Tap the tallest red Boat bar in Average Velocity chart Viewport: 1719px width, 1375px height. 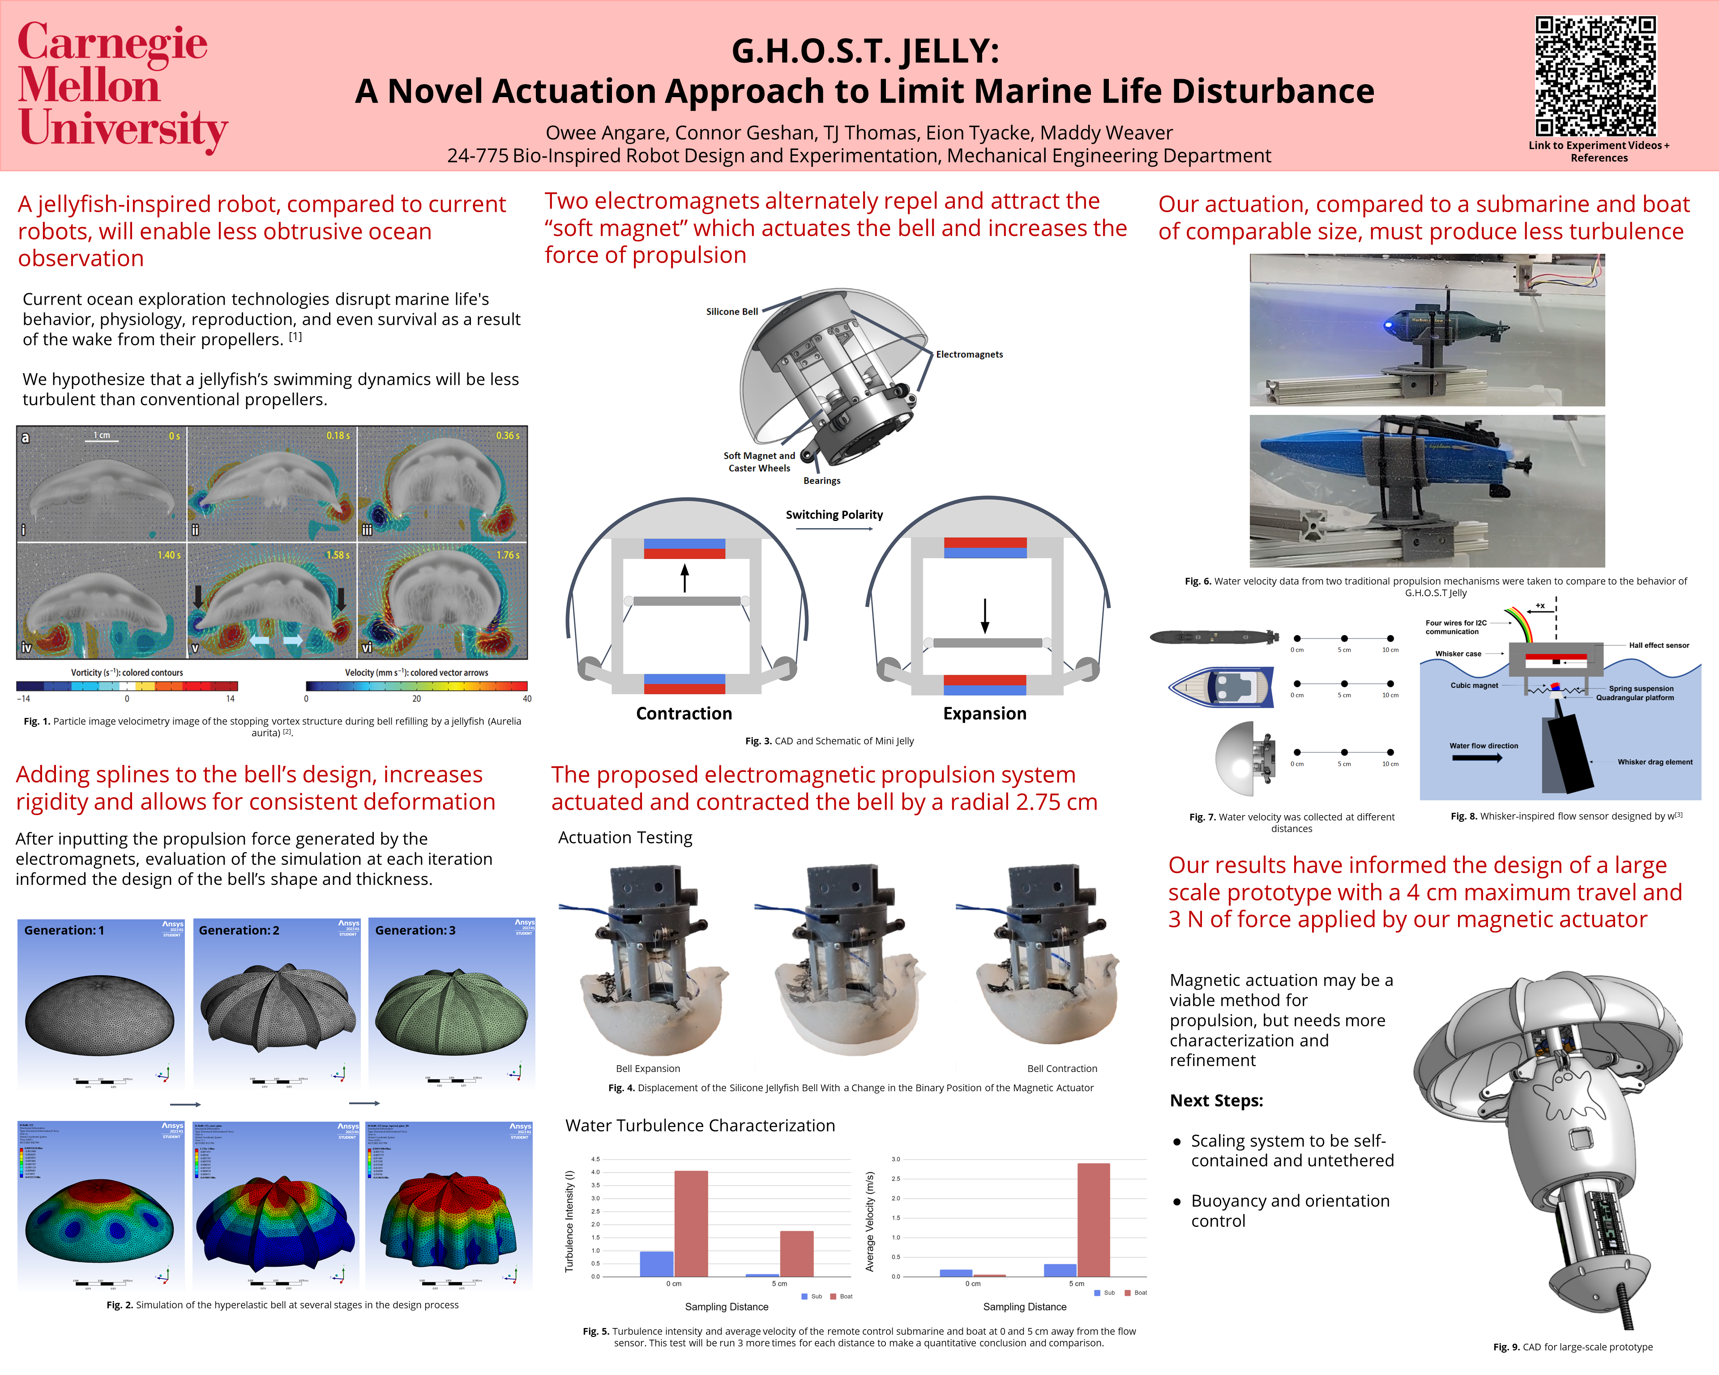point(1093,1220)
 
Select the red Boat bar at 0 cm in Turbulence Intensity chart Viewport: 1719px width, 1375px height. point(690,1224)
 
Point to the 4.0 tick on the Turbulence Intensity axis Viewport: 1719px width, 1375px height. point(595,1172)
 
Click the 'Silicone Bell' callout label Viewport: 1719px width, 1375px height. point(731,312)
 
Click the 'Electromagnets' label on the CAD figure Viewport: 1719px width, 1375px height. point(969,354)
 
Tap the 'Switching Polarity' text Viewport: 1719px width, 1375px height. point(834,515)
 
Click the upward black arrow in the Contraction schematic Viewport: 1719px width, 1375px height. point(684,578)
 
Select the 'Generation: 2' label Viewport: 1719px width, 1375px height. point(239,930)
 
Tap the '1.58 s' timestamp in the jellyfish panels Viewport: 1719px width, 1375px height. point(337,555)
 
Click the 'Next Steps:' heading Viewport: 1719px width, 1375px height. point(1216,1100)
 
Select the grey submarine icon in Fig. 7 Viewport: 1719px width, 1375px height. point(1213,637)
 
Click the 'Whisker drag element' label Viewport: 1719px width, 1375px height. point(1655,762)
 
